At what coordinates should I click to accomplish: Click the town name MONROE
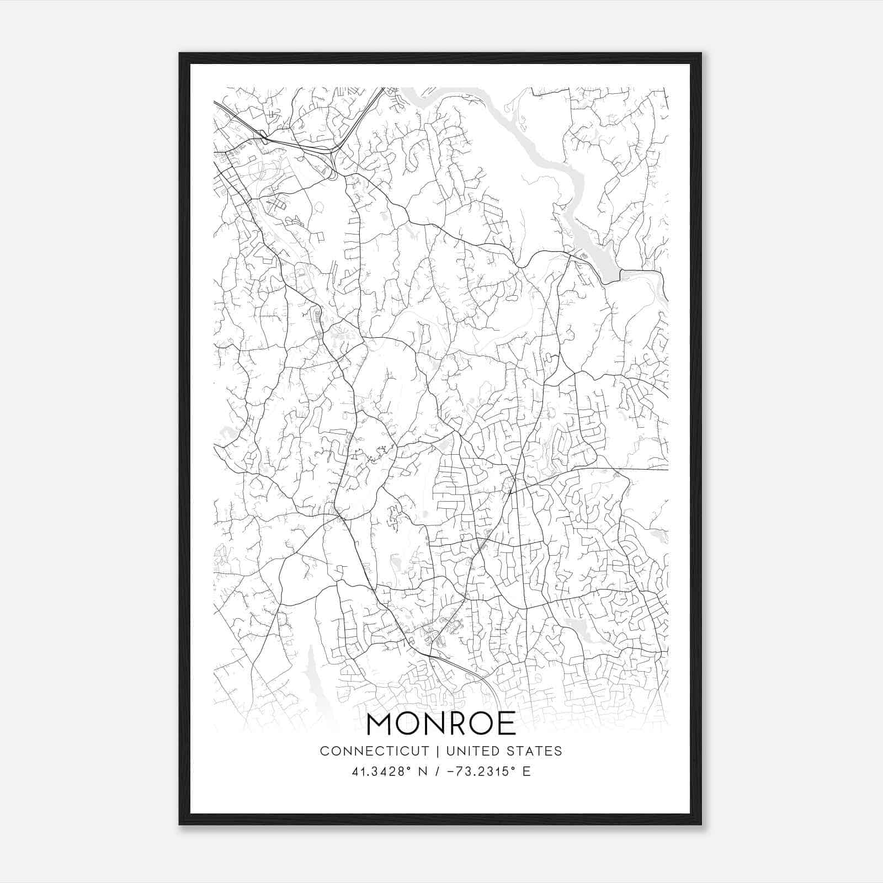pos(441,724)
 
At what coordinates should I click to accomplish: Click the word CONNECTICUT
pos(375,751)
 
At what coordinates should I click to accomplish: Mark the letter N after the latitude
pos(424,771)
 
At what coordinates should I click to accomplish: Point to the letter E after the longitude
pos(526,771)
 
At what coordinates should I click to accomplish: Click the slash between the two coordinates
pos(437,771)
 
